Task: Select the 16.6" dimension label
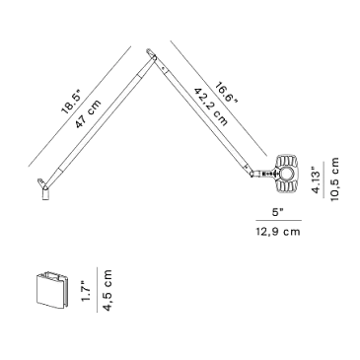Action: click(x=226, y=93)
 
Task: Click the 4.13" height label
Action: click(x=316, y=180)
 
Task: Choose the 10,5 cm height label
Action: click(x=334, y=180)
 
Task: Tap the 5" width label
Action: click(x=278, y=212)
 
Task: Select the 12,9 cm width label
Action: click(x=278, y=232)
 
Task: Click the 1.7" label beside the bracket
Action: click(x=87, y=291)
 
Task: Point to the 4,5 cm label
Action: click(x=108, y=290)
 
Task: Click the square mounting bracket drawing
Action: click(x=51, y=290)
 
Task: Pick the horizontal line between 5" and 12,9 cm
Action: click(x=279, y=220)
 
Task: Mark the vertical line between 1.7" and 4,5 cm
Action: click(x=98, y=290)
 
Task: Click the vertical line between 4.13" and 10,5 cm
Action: click(x=324, y=180)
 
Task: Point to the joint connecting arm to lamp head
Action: click(x=252, y=174)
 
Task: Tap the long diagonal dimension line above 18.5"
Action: click(x=80, y=107)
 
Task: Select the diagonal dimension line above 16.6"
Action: click(x=219, y=99)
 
